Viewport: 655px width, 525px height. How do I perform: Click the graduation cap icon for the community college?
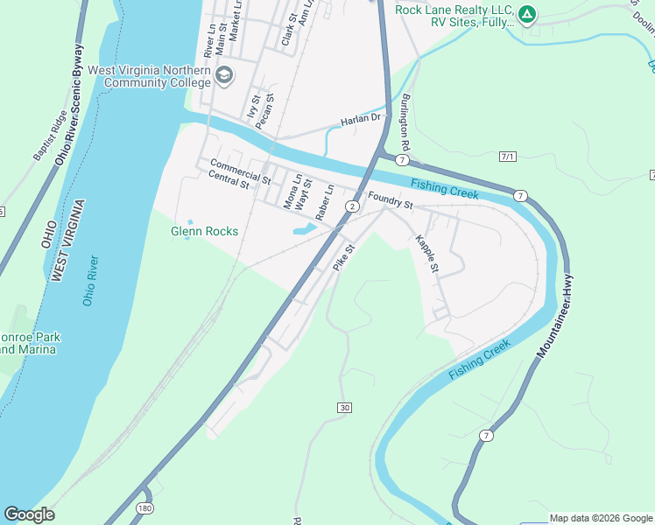pyautogui.click(x=224, y=75)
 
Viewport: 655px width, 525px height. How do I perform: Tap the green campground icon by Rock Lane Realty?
pyautogui.click(x=526, y=14)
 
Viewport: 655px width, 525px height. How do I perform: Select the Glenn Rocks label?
pyautogui.click(x=204, y=231)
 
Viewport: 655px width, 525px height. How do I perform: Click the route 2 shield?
pyautogui.click(x=351, y=206)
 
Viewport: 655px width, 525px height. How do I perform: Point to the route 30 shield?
pyautogui.click(x=344, y=408)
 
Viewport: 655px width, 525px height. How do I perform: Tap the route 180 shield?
pyautogui.click(x=144, y=508)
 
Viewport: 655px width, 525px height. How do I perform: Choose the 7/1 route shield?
pyautogui.click(x=508, y=156)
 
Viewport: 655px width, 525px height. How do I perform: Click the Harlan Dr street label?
pyautogui.click(x=363, y=119)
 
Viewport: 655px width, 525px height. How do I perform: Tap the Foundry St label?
pyautogui.click(x=390, y=200)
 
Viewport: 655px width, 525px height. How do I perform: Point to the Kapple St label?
pyautogui.click(x=426, y=253)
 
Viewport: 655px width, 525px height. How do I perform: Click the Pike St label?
pyautogui.click(x=342, y=257)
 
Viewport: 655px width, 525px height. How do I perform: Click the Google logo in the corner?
pyautogui.click(x=29, y=514)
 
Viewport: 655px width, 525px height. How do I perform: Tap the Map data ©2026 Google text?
pyautogui.click(x=601, y=519)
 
